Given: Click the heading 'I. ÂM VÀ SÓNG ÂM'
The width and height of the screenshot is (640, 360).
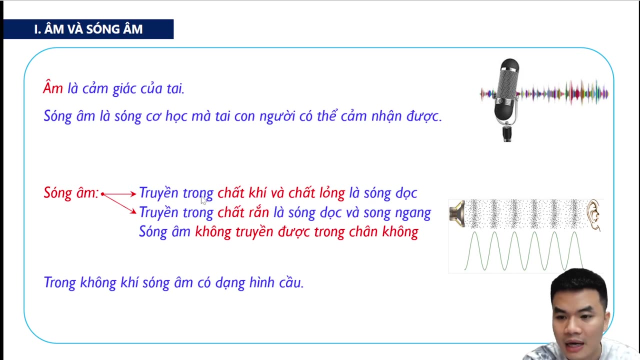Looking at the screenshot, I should click(88, 29).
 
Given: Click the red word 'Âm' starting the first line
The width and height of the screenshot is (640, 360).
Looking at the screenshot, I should click(53, 88).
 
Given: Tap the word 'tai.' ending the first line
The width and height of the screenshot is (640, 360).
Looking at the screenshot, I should click(174, 88).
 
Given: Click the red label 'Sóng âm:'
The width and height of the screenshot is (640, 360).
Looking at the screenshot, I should click(71, 193).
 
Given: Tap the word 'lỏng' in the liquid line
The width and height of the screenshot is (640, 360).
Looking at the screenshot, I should click(332, 193).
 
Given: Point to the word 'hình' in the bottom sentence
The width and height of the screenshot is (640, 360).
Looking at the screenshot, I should click(260, 282).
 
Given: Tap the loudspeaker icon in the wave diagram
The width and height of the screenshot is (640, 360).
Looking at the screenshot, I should click(457, 213).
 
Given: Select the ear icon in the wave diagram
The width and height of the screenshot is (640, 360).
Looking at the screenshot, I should click(593, 214).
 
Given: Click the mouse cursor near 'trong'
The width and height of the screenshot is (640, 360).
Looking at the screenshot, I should click(203, 200).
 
